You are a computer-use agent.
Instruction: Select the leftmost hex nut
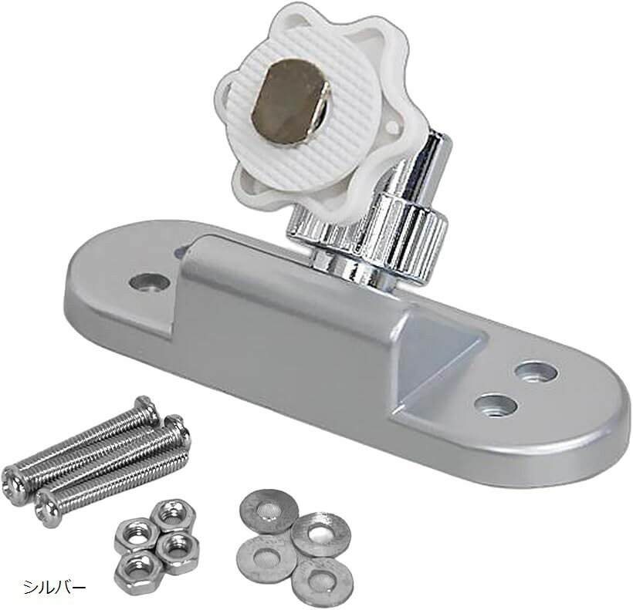click(134, 537)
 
